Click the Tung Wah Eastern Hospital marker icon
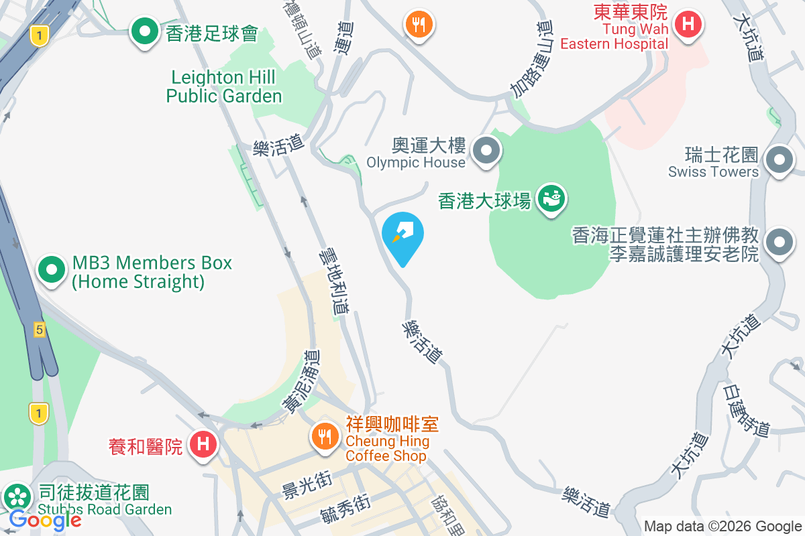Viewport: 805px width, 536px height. coord(688,25)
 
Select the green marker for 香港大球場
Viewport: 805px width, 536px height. coord(551,199)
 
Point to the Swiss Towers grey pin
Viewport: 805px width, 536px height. coord(779,160)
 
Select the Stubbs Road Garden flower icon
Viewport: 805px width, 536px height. coord(17,497)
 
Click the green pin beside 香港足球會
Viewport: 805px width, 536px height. coord(144,31)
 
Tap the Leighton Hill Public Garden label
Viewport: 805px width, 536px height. coord(223,87)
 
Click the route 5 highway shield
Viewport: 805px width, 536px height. coord(40,330)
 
